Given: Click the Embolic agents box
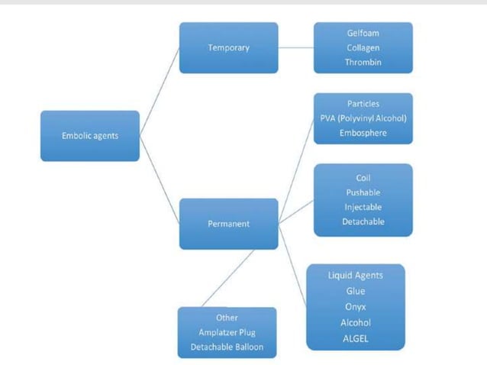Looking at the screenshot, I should (x=90, y=136).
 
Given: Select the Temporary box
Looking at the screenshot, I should (x=228, y=48).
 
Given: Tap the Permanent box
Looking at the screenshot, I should (x=228, y=224).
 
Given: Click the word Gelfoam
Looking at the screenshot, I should (x=363, y=34).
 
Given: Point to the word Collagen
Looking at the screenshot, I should (x=363, y=48).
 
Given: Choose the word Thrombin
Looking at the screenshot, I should (x=363, y=63).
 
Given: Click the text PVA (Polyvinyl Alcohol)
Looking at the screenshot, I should (x=363, y=118).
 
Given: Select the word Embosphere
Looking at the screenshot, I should (x=363, y=132).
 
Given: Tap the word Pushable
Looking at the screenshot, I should (x=363, y=192).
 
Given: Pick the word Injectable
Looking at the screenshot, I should (x=363, y=207).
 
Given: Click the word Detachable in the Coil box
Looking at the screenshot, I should (x=363, y=221).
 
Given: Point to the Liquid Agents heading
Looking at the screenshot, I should (x=355, y=275).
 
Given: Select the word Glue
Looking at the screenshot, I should (x=355, y=291).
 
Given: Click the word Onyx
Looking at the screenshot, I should (x=355, y=307).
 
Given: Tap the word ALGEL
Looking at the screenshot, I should (x=355, y=338).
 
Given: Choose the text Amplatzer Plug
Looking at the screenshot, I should (x=227, y=332).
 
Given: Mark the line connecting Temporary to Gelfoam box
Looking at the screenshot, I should (x=296, y=48).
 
